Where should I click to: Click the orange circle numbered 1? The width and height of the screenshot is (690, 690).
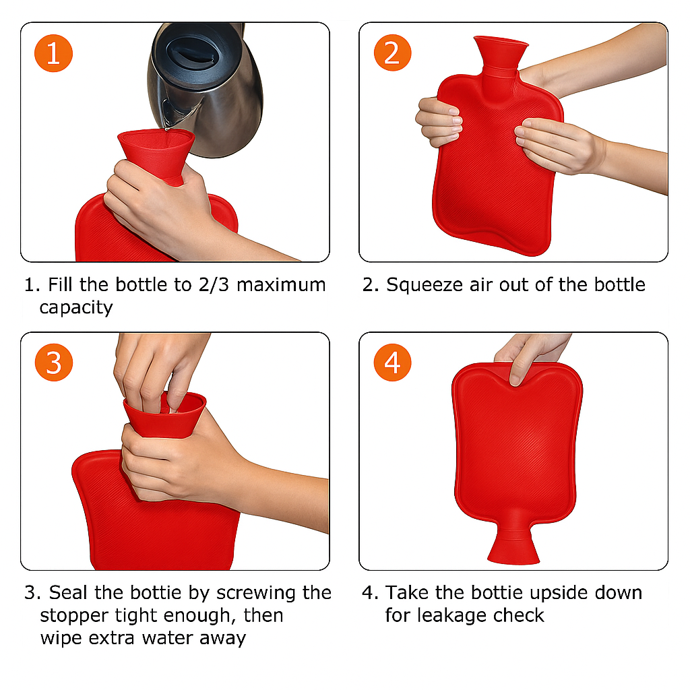[x=53, y=53]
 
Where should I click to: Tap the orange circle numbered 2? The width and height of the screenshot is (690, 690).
[x=393, y=53]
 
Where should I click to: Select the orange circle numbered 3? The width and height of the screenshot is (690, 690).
[x=54, y=362]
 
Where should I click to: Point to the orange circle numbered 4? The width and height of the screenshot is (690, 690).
[x=393, y=362]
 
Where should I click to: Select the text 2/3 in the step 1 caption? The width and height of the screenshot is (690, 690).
[x=214, y=285]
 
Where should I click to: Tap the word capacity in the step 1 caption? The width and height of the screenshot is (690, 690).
[x=76, y=308]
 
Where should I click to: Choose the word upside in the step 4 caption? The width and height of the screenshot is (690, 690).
[x=559, y=593]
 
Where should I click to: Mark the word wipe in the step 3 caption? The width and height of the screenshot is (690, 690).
[x=61, y=638]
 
